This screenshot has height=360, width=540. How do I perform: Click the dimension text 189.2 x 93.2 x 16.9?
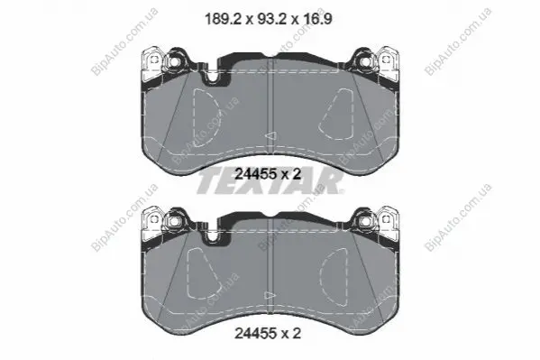269,19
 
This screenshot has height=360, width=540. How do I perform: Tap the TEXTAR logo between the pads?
270,182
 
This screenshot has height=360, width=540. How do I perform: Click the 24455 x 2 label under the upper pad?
268,174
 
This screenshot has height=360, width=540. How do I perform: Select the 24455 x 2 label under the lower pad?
268,333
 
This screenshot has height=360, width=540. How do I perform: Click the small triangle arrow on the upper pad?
271,136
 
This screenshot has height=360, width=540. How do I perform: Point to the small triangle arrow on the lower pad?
270,296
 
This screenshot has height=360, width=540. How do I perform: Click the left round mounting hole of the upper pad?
173,61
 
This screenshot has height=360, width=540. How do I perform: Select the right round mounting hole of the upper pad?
365,61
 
